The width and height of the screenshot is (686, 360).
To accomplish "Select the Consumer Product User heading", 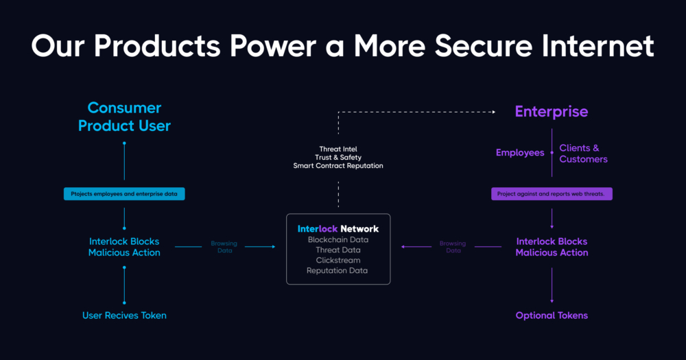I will [124, 117].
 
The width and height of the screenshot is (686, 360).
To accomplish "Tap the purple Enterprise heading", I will [552, 112].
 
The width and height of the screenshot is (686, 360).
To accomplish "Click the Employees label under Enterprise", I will [520, 153].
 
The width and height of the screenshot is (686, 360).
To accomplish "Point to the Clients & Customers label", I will [583, 154].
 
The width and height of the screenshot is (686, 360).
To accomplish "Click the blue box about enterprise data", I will [124, 194].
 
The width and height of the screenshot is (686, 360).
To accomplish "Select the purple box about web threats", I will [552, 194].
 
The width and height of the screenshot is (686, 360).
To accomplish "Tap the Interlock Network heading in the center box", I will [338, 228].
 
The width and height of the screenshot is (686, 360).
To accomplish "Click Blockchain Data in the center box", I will [338, 240].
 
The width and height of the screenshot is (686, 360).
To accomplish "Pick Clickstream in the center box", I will [338, 261].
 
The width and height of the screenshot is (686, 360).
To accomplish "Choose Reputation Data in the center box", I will [338, 271].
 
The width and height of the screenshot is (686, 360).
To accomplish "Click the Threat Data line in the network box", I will [338, 250].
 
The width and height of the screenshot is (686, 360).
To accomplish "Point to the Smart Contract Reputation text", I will [338, 166].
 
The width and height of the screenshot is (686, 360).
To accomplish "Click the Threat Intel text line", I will [338, 149].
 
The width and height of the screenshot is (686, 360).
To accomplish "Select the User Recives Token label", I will [124, 315].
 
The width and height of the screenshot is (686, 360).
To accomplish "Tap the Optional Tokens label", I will [552, 315].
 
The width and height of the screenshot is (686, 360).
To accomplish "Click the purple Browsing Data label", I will [453, 247].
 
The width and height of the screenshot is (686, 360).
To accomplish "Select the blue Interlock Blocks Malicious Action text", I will [124, 247].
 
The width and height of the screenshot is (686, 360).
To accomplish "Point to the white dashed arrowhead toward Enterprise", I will [493, 111].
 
